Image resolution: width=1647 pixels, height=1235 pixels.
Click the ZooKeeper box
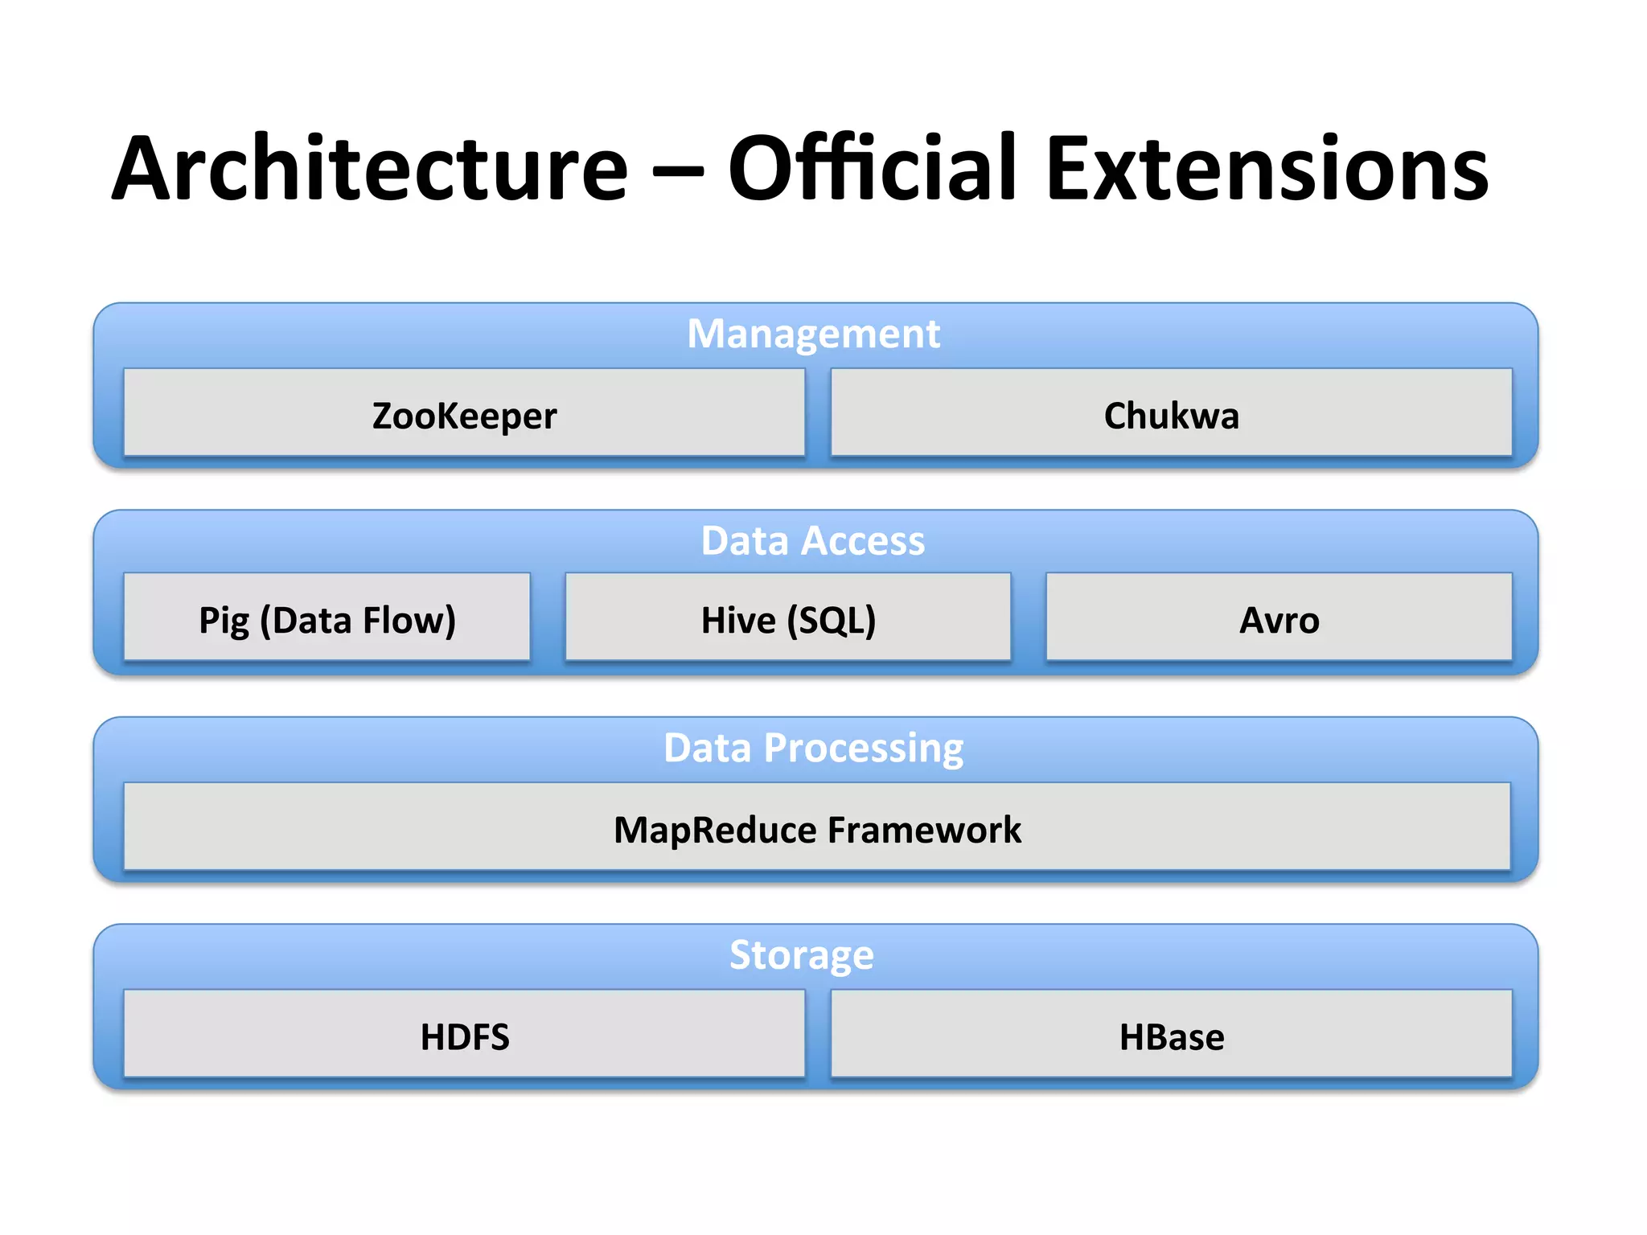point(464,413)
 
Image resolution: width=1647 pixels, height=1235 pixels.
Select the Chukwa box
point(1171,413)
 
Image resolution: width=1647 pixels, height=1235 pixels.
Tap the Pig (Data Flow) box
point(327,618)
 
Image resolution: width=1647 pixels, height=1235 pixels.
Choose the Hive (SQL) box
point(788,618)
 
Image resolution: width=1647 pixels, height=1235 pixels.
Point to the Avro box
point(1279,618)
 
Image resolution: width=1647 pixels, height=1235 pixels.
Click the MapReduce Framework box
point(817,827)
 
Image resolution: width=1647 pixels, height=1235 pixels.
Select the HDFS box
point(464,1035)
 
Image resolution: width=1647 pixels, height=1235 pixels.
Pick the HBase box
point(1171,1035)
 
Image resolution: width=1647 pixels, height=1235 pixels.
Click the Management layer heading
point(813,333)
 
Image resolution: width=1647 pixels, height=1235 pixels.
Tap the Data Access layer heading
point(813,540)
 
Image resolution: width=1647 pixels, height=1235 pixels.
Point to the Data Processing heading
point(813,747)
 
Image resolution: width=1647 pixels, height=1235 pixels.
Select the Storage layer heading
point(801,954)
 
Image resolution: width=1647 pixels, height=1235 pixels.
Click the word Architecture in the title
point(370,169)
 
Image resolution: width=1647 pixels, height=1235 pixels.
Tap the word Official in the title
point(873,169)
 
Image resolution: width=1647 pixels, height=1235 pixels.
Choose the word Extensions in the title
point(1267,169)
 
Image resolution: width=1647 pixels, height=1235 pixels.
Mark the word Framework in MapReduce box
point(924,830)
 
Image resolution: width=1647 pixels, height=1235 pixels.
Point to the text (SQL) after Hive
point(832,621)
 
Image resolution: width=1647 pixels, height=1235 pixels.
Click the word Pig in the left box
point(224,621)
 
